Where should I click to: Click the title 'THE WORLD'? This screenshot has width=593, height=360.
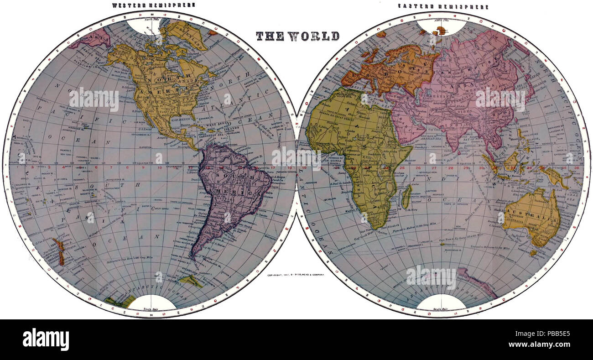[297, 36]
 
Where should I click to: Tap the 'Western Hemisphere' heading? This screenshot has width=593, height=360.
[154, 5]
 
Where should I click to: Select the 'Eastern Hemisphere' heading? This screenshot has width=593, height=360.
[442, 7]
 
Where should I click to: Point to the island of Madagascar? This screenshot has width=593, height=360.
[406, 197]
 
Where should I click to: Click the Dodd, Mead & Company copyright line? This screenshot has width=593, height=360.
[296, 276]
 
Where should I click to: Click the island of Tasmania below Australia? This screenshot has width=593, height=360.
[532, 252]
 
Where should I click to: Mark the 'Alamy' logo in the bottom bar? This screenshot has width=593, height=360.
[46, 340]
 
